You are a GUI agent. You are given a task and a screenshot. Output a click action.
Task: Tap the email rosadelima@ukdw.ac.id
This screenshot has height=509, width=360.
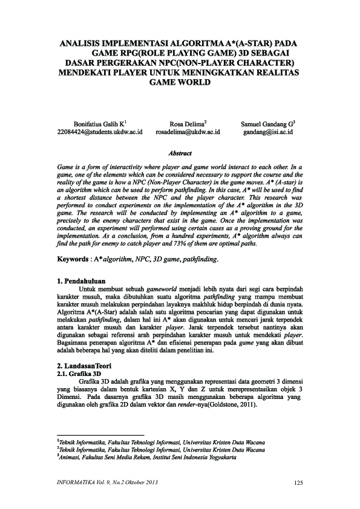(188, 131)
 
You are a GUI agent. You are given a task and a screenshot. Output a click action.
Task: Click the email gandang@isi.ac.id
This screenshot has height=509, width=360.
(268, 131)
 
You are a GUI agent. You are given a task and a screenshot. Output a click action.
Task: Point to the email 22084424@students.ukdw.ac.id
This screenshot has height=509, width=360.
(99, 131)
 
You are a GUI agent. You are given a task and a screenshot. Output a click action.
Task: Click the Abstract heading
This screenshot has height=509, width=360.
(180, 154)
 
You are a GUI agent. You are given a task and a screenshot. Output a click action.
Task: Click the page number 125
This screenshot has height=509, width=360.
(296, 482)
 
